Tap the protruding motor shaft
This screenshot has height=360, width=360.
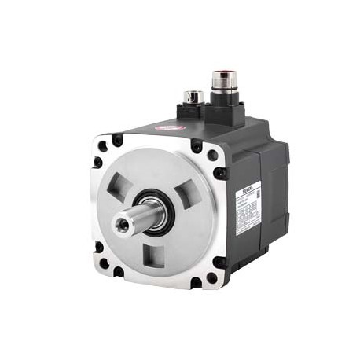134,222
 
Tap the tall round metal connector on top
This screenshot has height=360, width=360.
221,79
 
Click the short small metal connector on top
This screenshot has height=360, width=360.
193,97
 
